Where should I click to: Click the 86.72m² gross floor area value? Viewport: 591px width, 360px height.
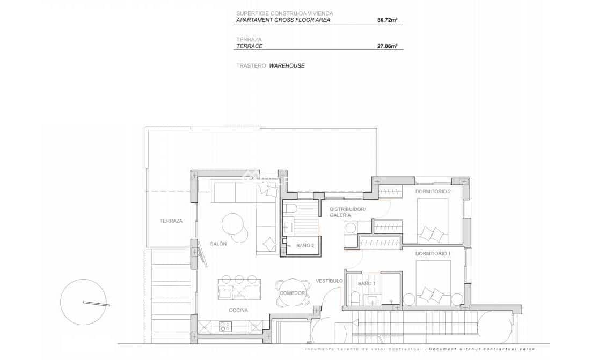pyautogui.click(x=387, y=20)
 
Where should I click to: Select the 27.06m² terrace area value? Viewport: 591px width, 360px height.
pyautogui.click(x=387, y=47)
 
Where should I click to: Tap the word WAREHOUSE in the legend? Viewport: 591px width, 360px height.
pyautogui.click(x=287, y=65)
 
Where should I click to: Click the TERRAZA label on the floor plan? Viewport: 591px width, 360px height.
pyautogui.click(x=171, y=221)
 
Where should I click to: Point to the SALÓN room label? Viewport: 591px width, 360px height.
pyautogui.click(x=218, y=244)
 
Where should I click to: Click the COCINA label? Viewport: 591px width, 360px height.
pyautogui.click(x=238, y=311)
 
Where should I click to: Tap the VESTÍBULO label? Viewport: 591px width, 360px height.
pyautogui.click(x=329, y=281)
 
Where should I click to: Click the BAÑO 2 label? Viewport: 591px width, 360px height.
pyautogui.click(x=305, y=245)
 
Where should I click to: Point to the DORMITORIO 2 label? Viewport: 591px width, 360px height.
pyautogui.click(x=433, y=191)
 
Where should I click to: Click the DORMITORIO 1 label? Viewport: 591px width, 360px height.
pyautogui.click(x=433, y=253)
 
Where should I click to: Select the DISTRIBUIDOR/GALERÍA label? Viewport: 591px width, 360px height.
pyautogui.click(x=348, y=212)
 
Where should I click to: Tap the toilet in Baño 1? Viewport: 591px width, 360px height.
pyautogui.click(x=355, y=298)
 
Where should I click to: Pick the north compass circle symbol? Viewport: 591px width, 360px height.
pyautogui.click(x=83, y=302)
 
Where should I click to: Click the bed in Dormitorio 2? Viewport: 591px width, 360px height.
pyautogui.click(x=433, y=220)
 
